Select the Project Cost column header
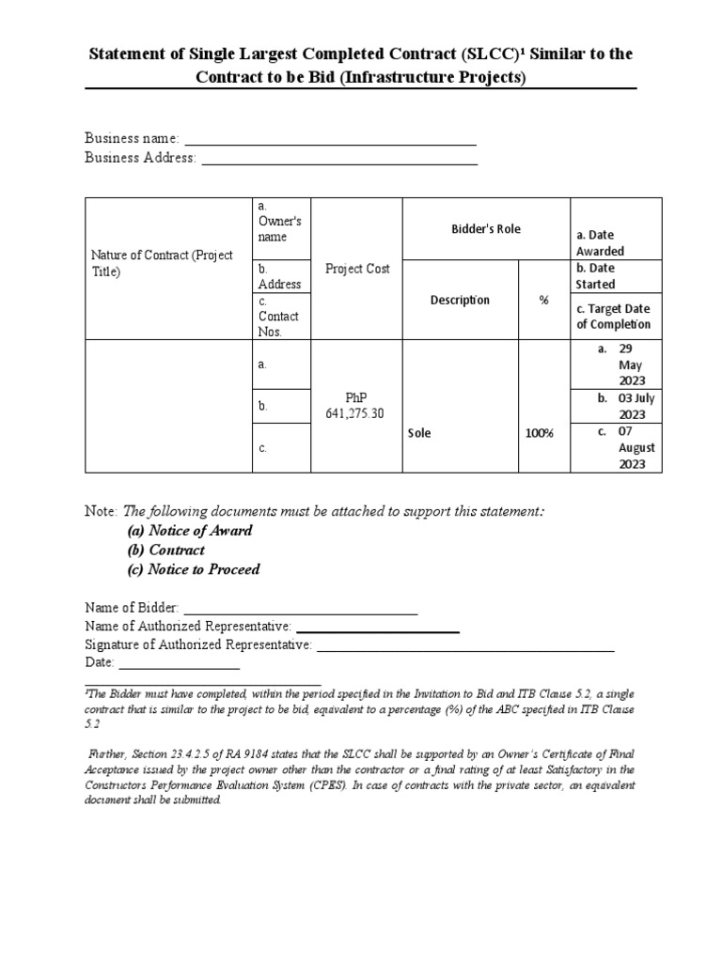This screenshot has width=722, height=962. point(357,269)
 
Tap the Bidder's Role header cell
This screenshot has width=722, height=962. point(484,229)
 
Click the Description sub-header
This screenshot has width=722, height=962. point(460,300)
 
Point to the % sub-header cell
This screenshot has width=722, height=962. point(543,300)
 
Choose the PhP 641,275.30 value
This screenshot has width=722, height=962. point(357,406)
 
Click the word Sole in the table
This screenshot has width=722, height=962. point(419,433)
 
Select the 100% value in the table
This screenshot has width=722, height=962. point(541,433)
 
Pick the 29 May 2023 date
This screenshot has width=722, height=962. point(631,365)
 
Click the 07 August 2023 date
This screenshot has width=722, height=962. point(636,448)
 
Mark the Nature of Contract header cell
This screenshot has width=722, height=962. point(162,263)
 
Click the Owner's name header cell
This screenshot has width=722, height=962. point(279,229)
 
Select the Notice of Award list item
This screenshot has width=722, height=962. point(190,531)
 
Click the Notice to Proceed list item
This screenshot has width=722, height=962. point(194,569)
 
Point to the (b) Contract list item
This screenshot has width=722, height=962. point(166,551)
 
